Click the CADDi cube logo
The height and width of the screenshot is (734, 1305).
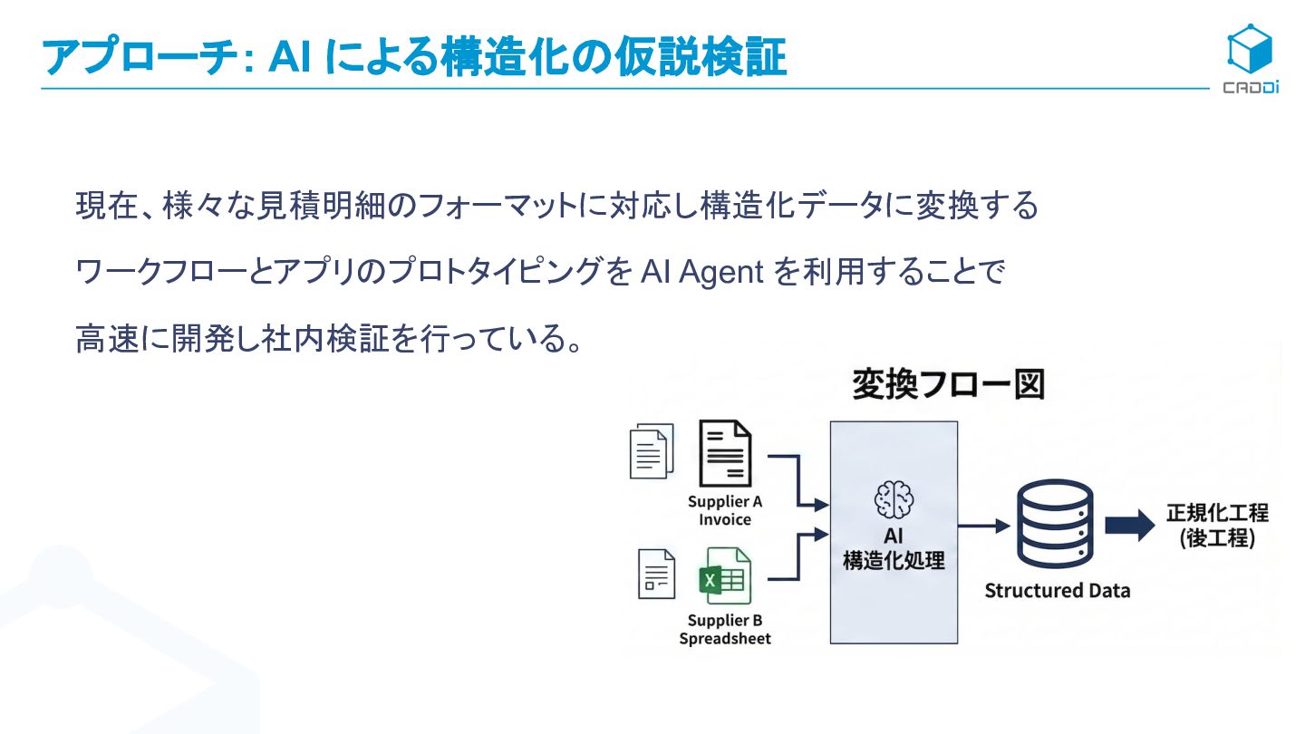tap(1250, 51)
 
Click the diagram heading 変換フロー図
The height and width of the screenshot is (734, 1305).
tap(948, 385)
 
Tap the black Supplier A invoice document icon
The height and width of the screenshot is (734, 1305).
tap(725, 452)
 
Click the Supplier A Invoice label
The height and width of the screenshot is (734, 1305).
tap(725, 511)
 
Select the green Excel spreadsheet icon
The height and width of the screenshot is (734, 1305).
tap(725, 576)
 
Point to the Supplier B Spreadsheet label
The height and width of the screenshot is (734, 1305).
tap(725, 630)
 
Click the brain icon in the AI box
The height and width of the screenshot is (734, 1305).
tap(894, 499)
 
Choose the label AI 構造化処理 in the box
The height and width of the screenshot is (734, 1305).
tap(894, 549)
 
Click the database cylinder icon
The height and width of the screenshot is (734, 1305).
tap(1055, 525)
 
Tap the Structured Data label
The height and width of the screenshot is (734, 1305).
tap(1058, 591)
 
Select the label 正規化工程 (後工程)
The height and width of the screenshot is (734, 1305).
tap(1216, 525)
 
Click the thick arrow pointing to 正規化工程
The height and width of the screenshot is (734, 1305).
tap(1129, 526)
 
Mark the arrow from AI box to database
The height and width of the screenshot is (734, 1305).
tap(984, 526)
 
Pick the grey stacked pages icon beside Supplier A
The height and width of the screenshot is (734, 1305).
tap(652, 450)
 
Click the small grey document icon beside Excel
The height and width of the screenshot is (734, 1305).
tap(657, 575)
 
